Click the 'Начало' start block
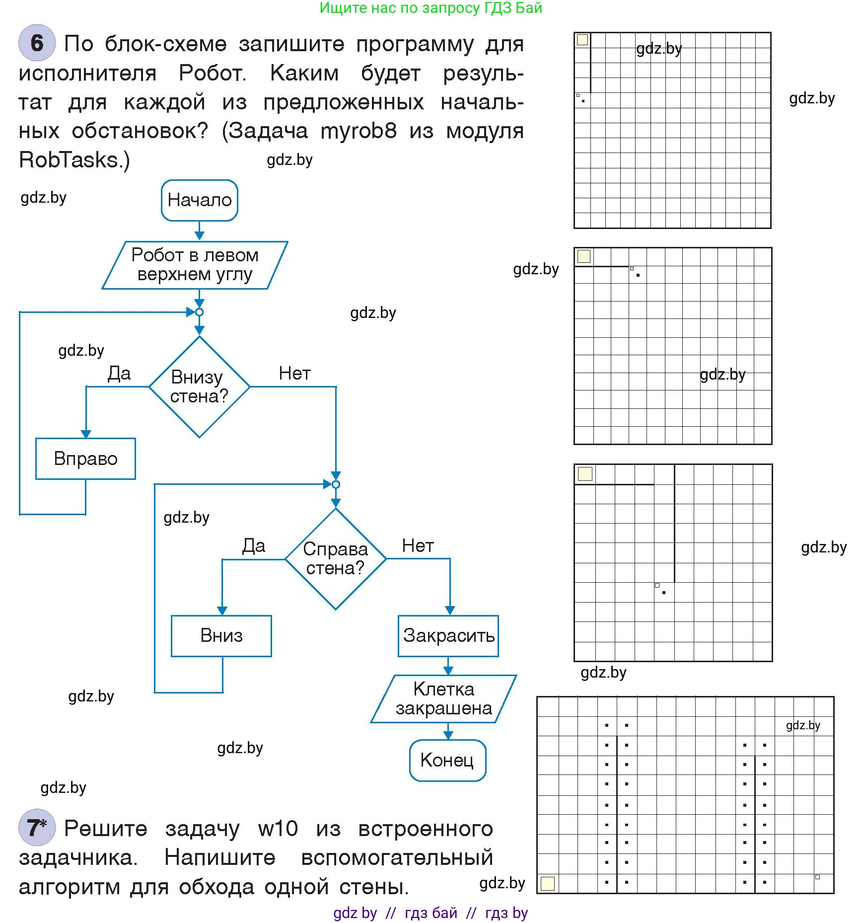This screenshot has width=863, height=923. (199, 200)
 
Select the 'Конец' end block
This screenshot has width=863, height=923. (447, 760)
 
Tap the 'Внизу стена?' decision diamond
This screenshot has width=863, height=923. (199, 386)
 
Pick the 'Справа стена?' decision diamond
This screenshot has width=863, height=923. (336, 558)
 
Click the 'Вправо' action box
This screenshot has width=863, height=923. (85, 459)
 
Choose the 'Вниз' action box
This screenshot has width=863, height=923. (221, 636)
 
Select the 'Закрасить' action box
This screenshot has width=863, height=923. (448, 636)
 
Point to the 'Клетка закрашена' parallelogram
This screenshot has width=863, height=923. (443, 698)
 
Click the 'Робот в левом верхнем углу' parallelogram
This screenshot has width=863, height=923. (195, 265)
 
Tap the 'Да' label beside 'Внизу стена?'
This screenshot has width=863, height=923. (119, 373)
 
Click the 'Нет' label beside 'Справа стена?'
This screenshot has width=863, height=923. (418, 545)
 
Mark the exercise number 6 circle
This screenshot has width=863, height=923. (37, 43)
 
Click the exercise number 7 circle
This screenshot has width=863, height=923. (37, 828)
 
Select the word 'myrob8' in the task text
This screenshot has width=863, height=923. (359, 131)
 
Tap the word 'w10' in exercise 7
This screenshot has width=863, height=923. (278, 829)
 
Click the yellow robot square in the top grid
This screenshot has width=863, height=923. (582, 40)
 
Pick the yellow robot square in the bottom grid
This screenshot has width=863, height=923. (547, 883)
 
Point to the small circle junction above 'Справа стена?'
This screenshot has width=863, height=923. (336, 484)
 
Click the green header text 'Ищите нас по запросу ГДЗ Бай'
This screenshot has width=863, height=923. (431, 8)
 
